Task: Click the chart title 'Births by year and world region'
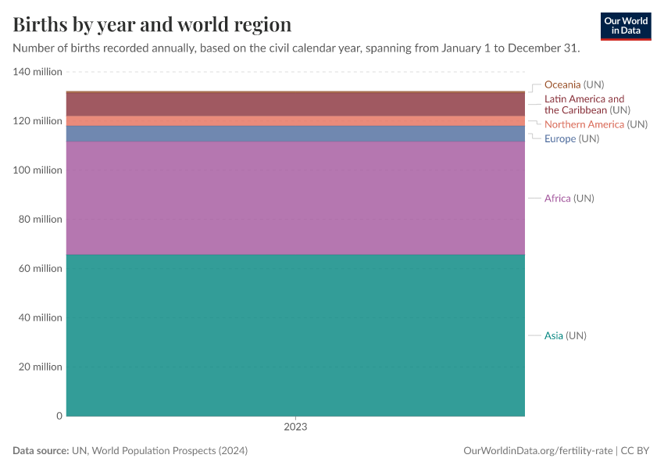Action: click(152, 24)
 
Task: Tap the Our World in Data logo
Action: click(625, 26)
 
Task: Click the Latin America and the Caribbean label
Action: click(587, 105)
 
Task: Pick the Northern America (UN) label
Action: click(595, 124)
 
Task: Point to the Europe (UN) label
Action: click(571, 138)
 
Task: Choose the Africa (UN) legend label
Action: click(569, 199)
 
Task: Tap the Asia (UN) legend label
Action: click(565, 336)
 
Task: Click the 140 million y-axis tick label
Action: click(37, 72)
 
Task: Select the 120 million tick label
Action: click(37, 121)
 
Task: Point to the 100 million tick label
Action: click(37, 170)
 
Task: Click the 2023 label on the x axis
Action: click(295, 428)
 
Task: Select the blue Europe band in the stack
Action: click(295, 134)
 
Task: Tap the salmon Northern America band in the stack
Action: click(295, 120)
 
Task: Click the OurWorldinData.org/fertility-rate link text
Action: click(538, 451)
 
